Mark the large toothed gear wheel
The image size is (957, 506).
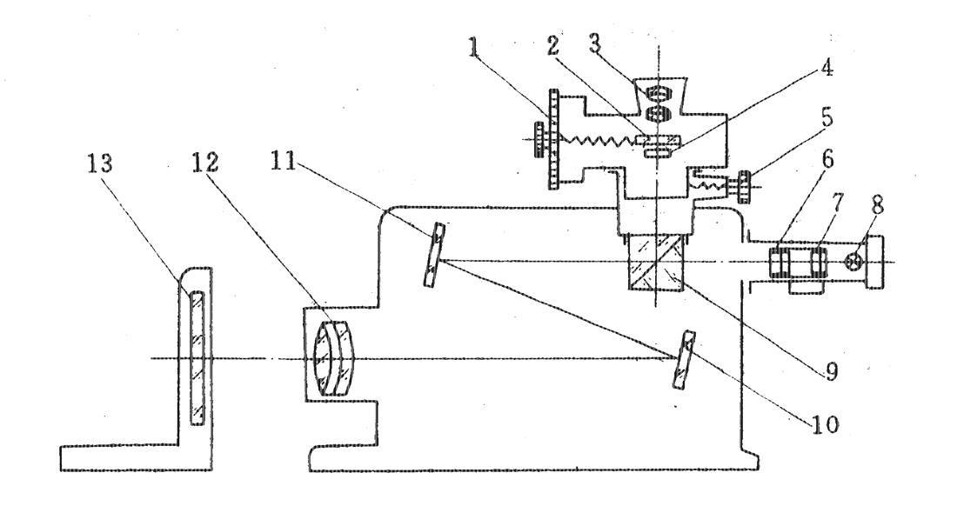pos(552,139)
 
